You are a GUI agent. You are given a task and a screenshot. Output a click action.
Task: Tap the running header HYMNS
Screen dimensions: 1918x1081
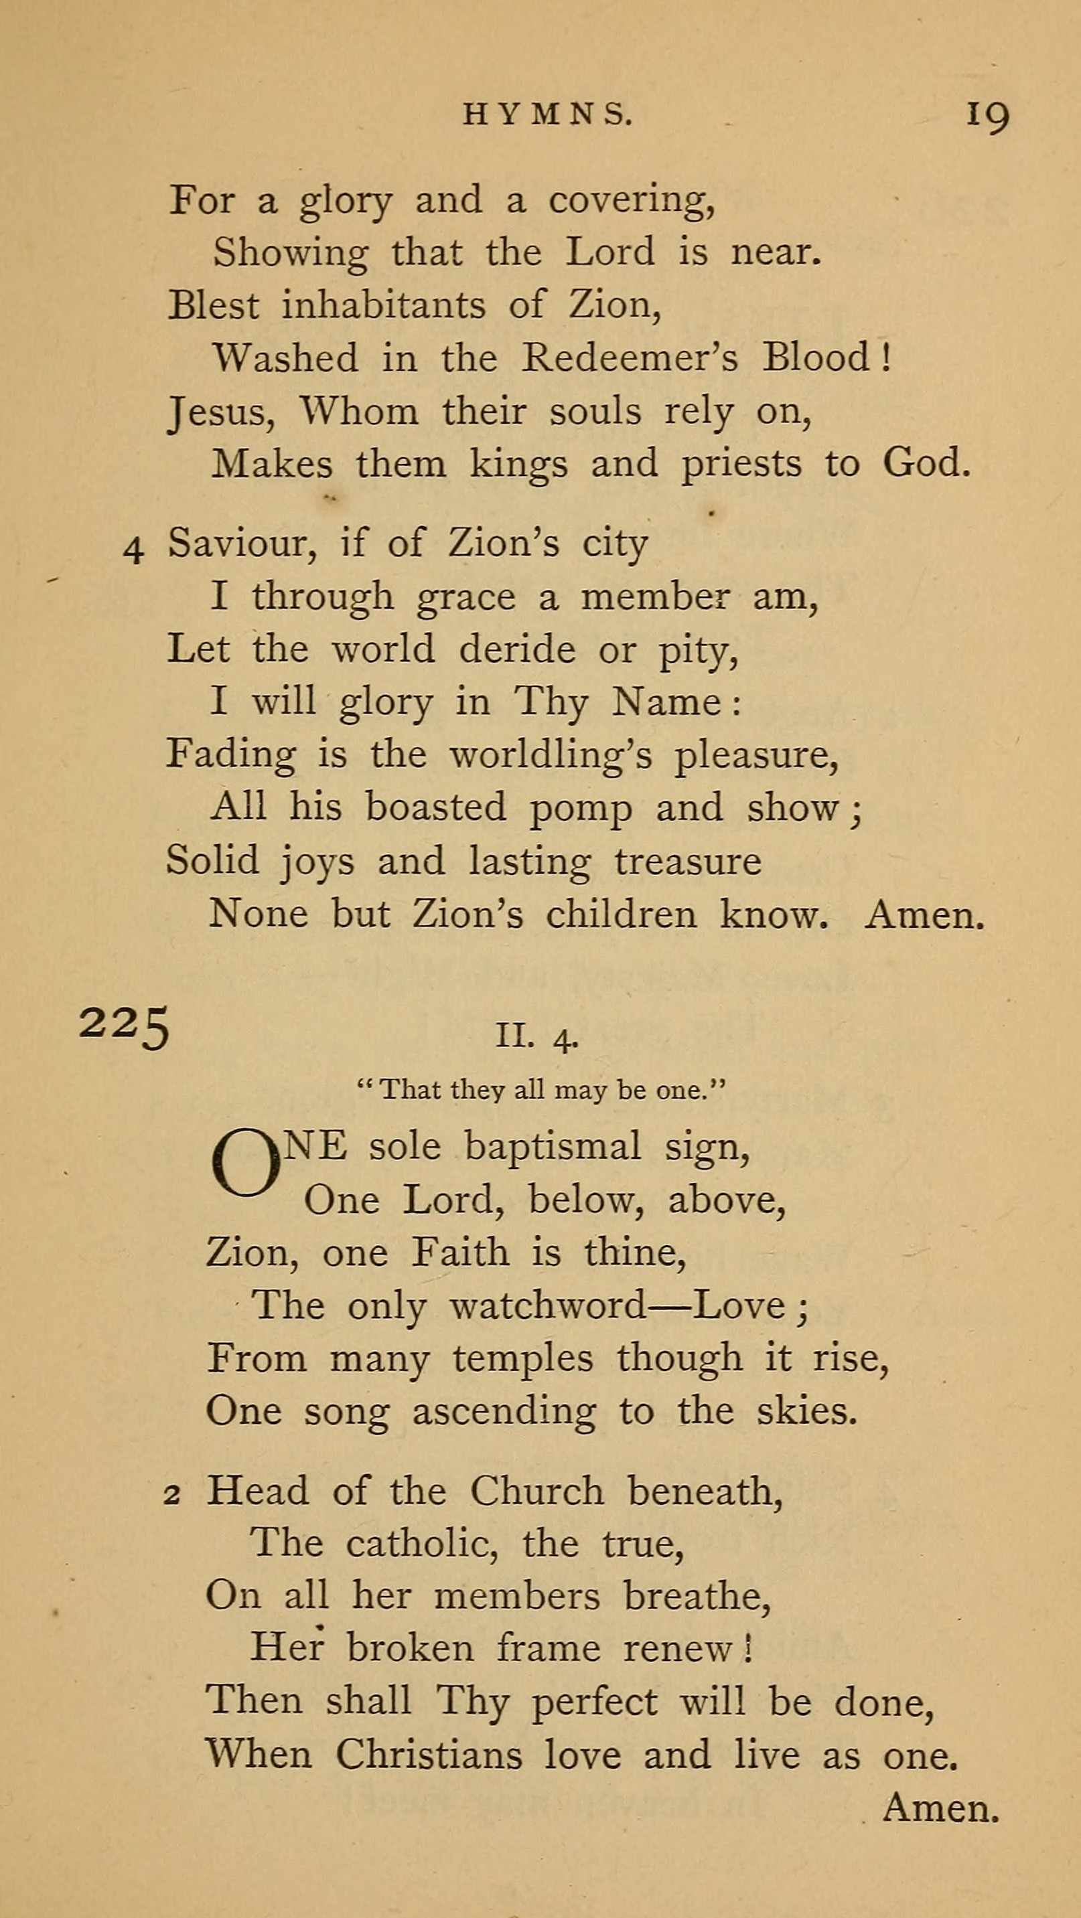click(x=548, y=114)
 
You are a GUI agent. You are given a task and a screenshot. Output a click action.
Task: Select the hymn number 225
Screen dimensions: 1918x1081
click(x=125, y=1027)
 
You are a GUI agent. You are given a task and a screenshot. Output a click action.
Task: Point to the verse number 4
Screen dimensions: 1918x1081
click(x=133, y=551)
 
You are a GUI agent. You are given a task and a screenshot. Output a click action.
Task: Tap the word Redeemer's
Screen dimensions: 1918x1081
click(x=630, y=357)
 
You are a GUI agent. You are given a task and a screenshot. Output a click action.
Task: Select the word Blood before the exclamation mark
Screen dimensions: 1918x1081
click(x=816, y=357)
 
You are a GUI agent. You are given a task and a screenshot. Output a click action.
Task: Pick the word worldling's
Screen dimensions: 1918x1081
click(x=551, y=756)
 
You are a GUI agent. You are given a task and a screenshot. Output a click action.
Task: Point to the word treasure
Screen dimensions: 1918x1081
click(x=688, y=862)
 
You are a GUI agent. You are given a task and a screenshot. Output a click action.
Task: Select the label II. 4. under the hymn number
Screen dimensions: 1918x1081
click(x=536, y=1036)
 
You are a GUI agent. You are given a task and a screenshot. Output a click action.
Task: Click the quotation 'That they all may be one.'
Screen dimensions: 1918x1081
click(x=542, y=1091)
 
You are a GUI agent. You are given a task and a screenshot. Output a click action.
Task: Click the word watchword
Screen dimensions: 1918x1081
click(x=548, y=1305)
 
